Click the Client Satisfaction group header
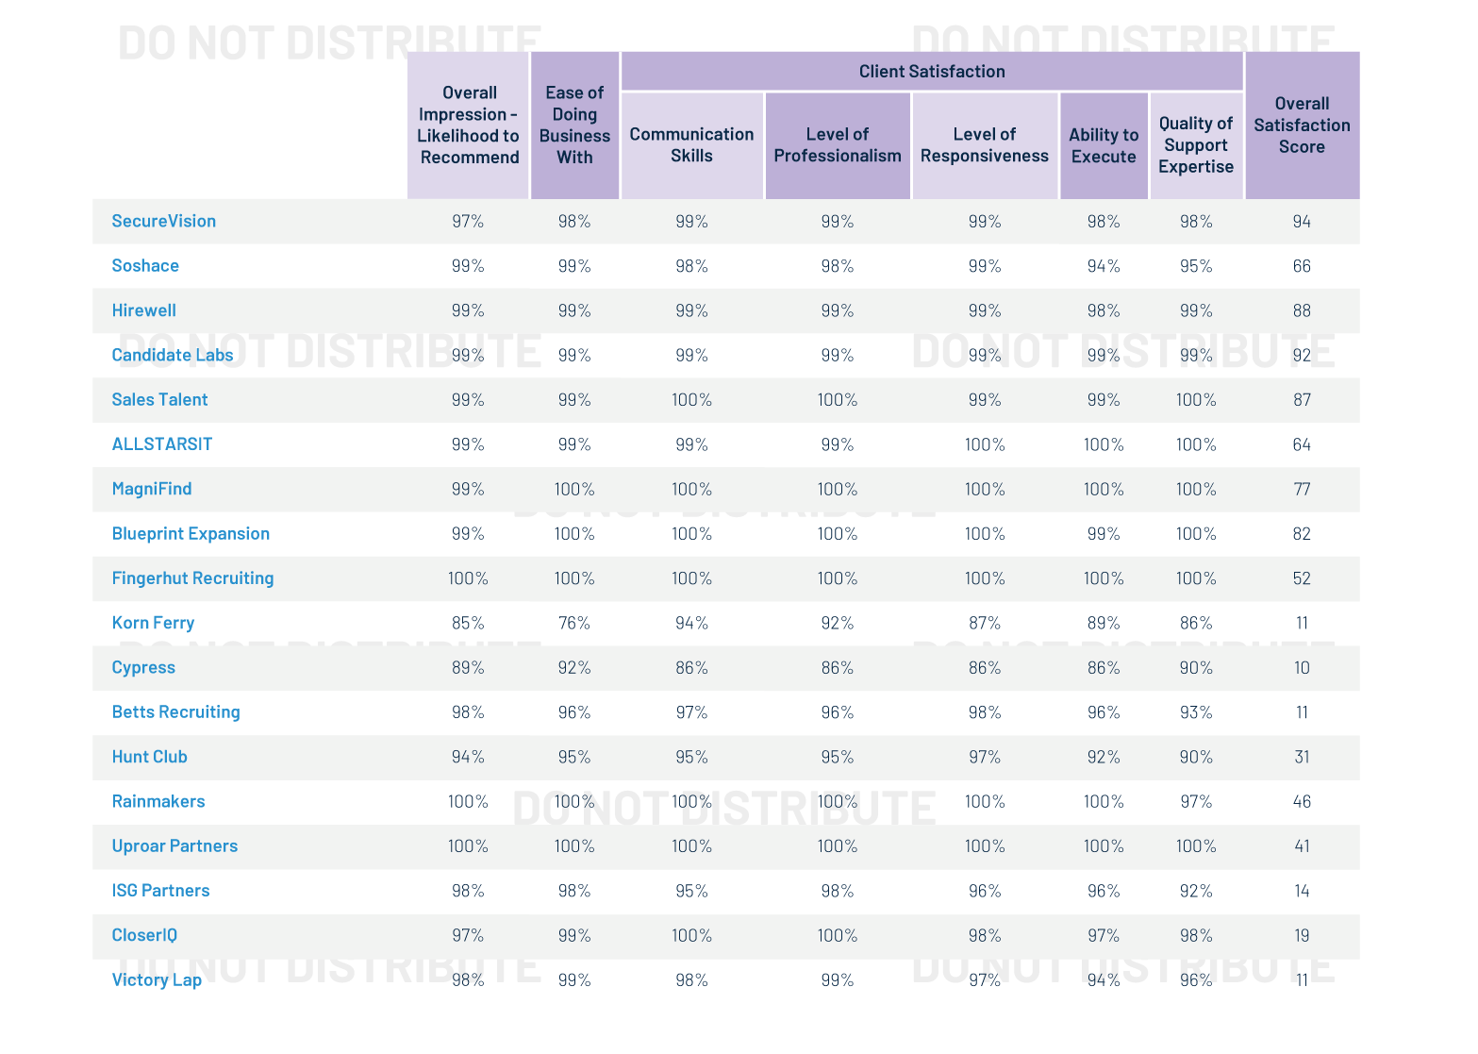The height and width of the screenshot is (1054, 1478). pos(931,72)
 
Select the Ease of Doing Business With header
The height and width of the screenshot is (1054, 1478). pos(574,125)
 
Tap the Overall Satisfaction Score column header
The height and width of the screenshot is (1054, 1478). pos(1302,125)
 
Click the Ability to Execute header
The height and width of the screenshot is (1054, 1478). pos(1103,146)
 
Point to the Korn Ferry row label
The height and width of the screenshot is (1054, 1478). pos(153,623)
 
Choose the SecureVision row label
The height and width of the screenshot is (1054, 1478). pos(163,221)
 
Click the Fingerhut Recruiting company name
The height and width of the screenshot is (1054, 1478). pos(192,578)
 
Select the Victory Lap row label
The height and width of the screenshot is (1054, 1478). pos(157,980)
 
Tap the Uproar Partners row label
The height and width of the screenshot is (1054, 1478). pos(174,846)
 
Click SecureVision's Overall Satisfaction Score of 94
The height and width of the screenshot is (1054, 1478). pos(1302,222)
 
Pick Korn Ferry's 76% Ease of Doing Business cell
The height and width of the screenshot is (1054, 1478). pos(573,624)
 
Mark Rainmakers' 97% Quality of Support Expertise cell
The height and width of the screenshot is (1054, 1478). pos(1196,802)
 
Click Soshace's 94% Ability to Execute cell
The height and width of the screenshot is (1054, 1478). pos(1103,266)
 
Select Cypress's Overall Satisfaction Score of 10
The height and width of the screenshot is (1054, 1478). pos(1302,668)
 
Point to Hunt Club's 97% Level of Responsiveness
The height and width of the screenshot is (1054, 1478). pos(984,758)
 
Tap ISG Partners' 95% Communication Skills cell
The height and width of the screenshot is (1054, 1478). pos(691,892)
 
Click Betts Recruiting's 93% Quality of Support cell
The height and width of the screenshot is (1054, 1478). pos(1196,712)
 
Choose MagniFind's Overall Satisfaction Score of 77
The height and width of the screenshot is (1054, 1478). pos(1302,490)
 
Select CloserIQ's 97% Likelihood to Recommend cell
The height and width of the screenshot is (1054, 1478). pos(468,936)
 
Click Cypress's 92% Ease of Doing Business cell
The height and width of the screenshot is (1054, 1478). pos(573,668)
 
